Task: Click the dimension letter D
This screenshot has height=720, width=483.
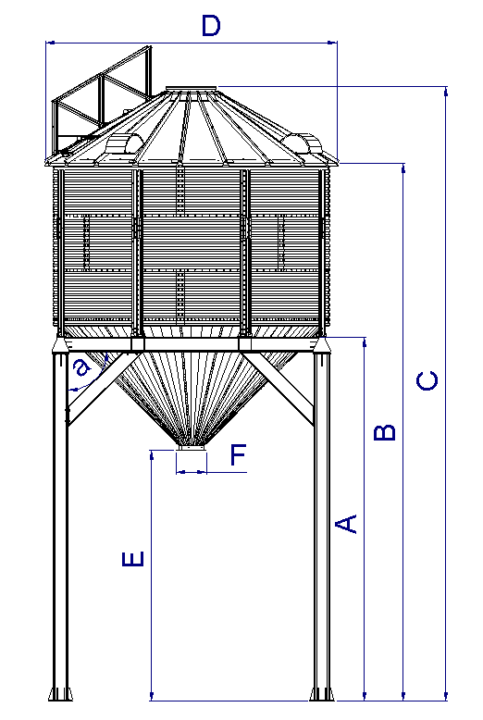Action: coord(211,26)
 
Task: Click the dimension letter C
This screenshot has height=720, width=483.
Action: coord(427,380)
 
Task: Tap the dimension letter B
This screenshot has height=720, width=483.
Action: coord(385,432)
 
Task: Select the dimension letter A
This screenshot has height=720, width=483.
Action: coord(346,524)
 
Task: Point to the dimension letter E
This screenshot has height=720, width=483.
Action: coord(133,559)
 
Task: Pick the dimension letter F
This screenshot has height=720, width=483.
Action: coord(239,454)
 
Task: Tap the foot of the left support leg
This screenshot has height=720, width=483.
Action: coord(60,693)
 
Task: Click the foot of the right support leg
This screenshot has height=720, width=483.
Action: coord(322,693)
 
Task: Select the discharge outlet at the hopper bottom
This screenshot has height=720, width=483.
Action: coord(192,447)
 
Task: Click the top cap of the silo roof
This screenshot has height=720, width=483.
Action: coord(191,89)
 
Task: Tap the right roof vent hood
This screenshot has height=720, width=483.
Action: coord(302,143)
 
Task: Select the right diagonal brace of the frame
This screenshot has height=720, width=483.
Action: coord(279,389)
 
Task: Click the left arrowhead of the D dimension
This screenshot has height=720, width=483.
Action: coord(51,43)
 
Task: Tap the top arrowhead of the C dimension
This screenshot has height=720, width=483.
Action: coord(446,92)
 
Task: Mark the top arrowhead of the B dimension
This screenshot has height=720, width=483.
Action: coord(403,168)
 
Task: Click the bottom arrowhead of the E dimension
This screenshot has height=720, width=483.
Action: coord(151,696)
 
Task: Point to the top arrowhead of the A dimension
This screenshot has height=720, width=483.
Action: coord(365,342)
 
